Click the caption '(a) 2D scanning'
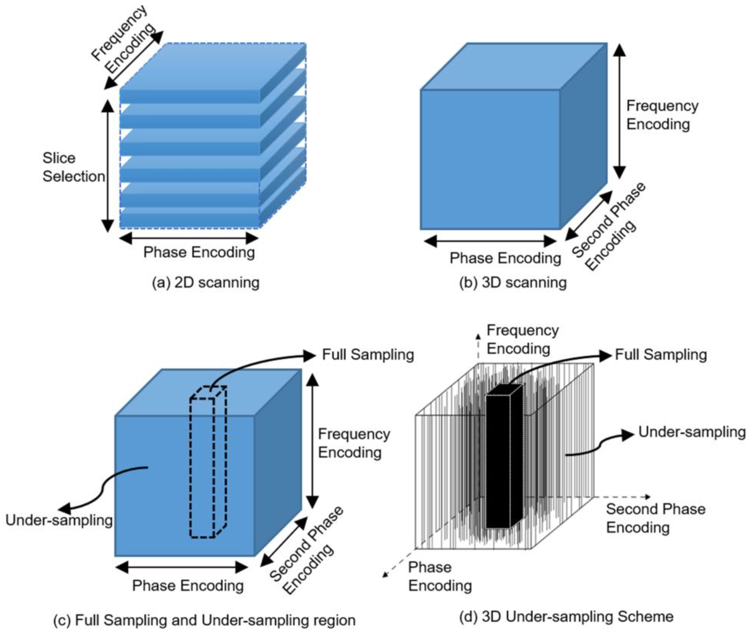[x=205, y=282]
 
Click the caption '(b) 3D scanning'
[x=513, y=282]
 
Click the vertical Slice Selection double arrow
[x=108, y=166]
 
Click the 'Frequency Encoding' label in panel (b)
[x=662, y=115]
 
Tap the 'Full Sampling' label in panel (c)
[x=368, y=354]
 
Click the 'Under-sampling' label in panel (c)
[x=59, y=520]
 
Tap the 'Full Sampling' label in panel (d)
[x=660, y=354]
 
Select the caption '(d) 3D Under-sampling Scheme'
[x=566, y=616]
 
